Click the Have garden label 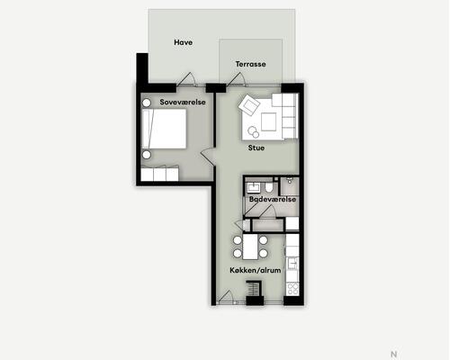pos(183,42)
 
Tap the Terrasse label pos(250,64)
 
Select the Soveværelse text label pos(183,102)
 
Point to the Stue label pos(256,148)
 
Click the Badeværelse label pos(273,199)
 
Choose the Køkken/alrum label pos(256,270)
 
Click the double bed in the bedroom pos(164,129)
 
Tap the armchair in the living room pos(249,104)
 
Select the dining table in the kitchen pos(250,247)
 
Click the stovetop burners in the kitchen pos(292,289)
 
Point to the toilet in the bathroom pos(269,187)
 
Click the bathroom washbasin pos(254,188)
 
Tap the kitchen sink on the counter pos(292,264)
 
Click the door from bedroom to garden pos(186,80)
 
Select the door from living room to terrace pos(237,80)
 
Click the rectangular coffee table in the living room pos(268,121)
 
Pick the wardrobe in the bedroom pos(160,174)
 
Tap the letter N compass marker pos(394,355)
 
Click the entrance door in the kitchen pos(226,298)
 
